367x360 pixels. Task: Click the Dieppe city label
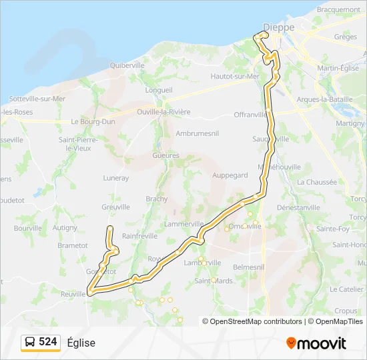pos(278,27)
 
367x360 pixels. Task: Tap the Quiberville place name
pos(127,65)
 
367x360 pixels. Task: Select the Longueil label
pos(159,90)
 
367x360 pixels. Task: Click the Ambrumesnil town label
pos(198,133)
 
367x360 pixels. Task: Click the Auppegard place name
pos(230,175)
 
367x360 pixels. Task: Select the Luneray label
pos(116,178)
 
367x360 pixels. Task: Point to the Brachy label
pos(157,199)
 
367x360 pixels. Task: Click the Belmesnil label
pos(249,267)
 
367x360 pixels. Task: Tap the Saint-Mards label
pos(214,281)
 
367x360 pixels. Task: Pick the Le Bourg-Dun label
pos(93,122)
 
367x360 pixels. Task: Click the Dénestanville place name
pos(317,207)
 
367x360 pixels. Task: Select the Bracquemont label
pos(338,10)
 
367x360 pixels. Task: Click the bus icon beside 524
pos(31,342)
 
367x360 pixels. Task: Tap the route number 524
pos(48,342)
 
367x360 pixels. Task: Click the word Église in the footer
pos(81,343)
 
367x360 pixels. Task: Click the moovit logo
pos(317,343)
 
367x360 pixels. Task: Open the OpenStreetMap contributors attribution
pos(256,321)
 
